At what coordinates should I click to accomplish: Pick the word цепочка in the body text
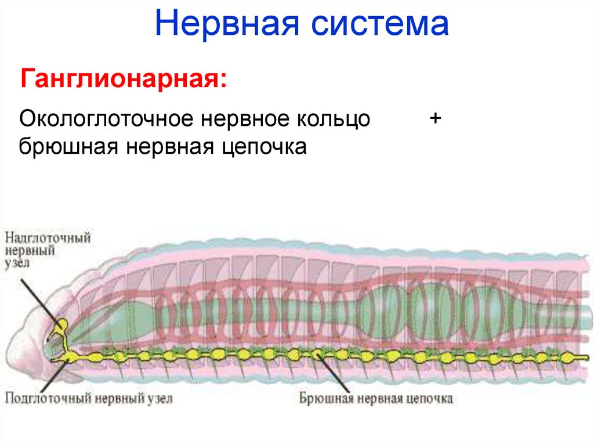click(x=263, y=147)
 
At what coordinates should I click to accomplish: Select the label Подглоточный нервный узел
click(x=89, y=399)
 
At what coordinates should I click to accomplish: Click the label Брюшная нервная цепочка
click(x=376, y=399)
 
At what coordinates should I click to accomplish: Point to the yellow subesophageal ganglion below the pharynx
click(x=68, y=355)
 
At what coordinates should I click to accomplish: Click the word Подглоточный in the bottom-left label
click(x=39, y=399)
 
